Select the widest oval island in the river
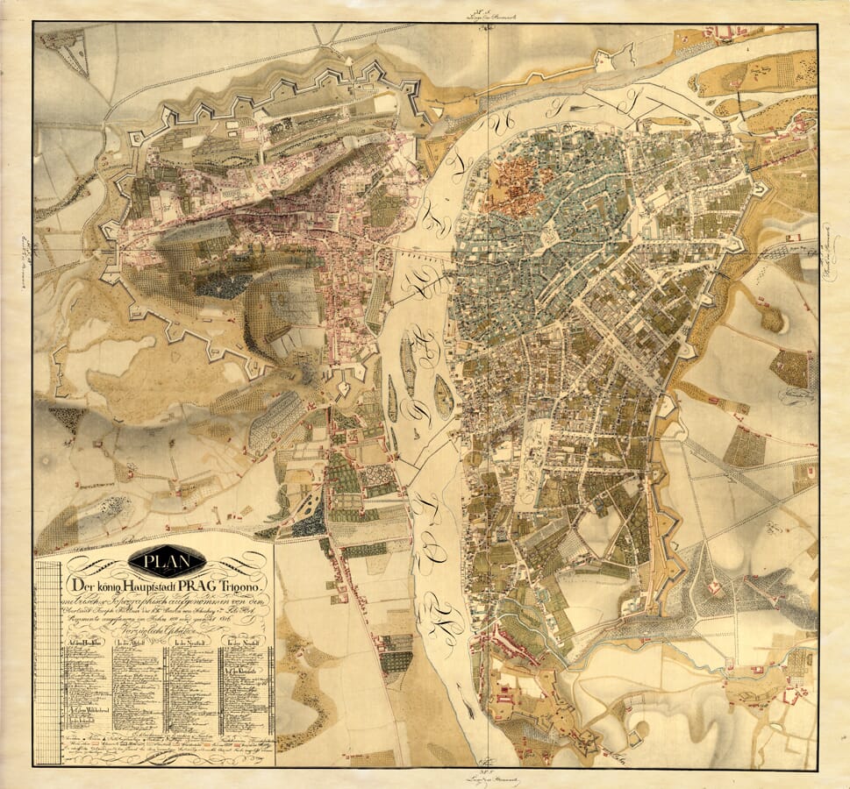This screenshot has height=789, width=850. (x=444, y=396)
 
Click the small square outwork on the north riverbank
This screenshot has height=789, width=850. (x=603, y=60)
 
